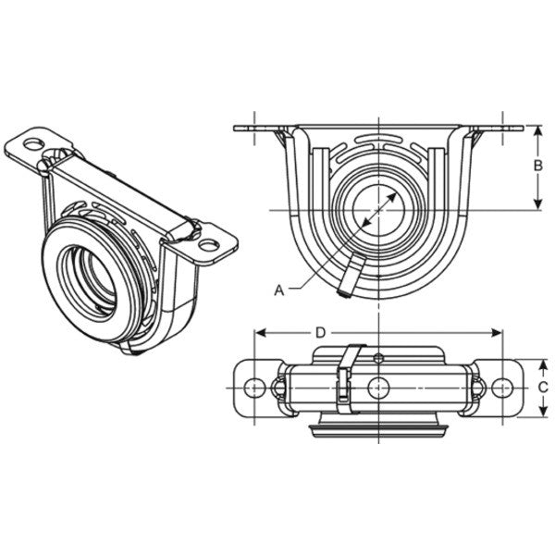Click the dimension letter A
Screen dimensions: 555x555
[278, 290]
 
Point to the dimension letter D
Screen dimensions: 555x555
[320, 331]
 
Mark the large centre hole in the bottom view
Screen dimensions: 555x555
[379, 386]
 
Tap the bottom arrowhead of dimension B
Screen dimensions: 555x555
[537, 205]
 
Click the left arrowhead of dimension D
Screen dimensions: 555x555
[260, 331]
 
